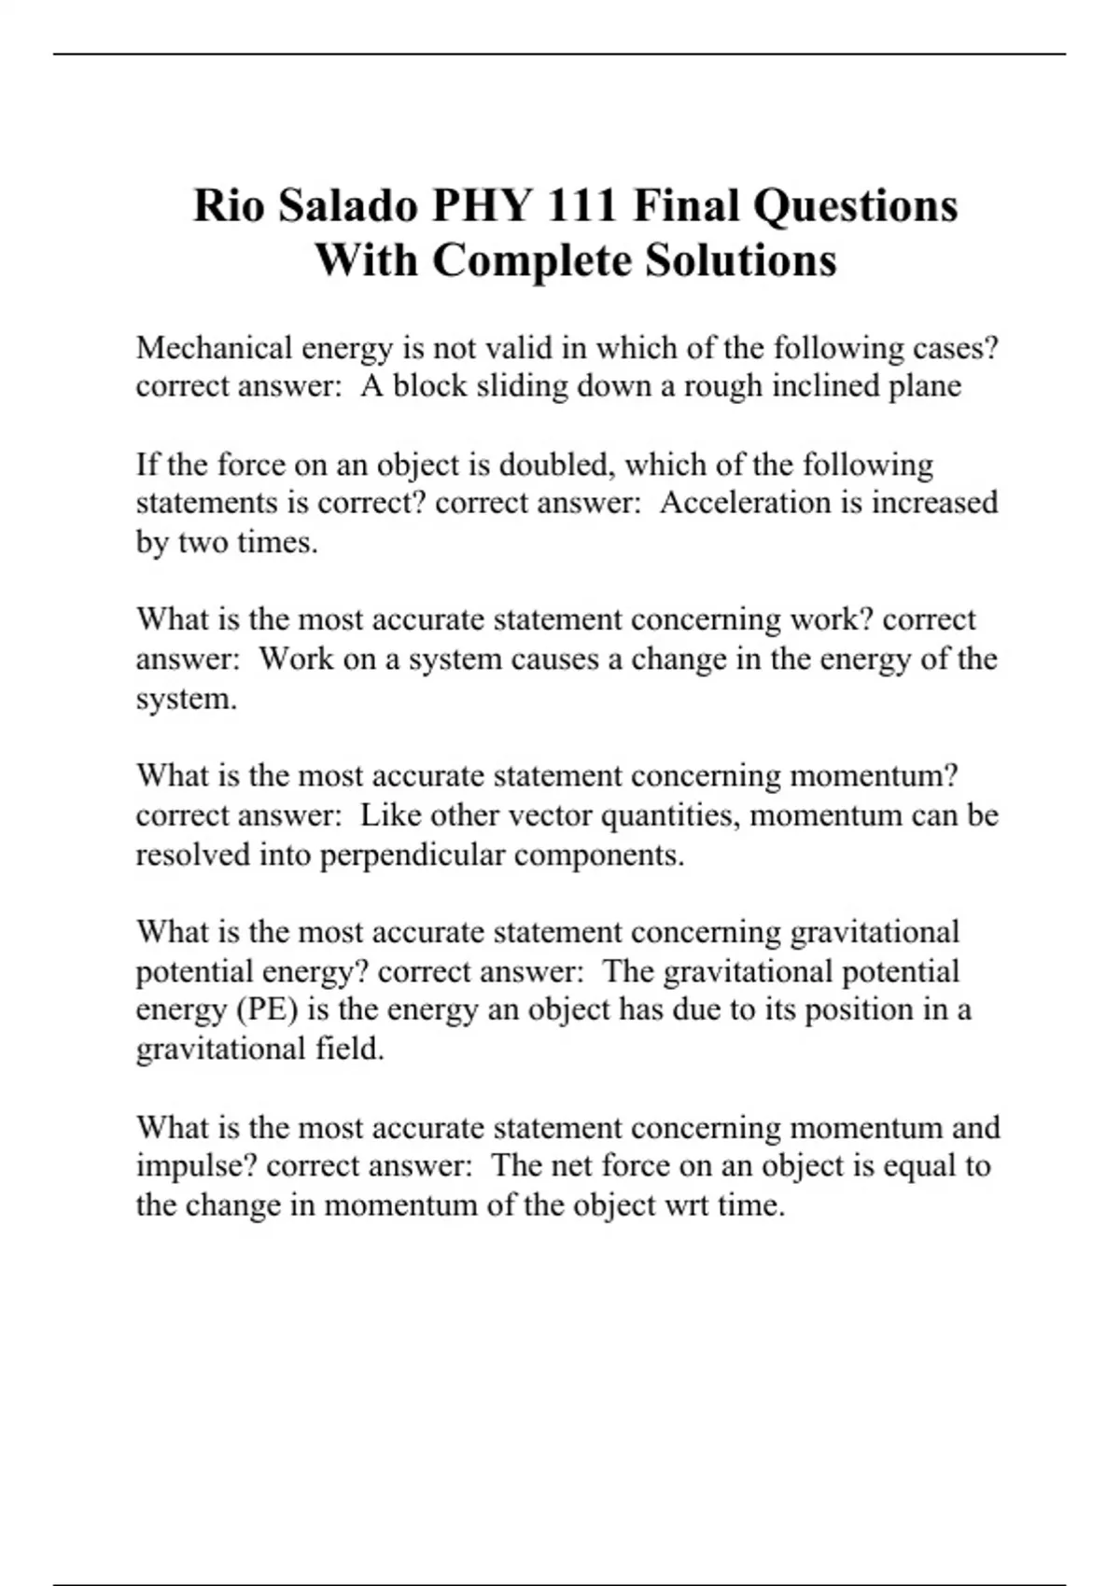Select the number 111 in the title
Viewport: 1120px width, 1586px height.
pos(581,205)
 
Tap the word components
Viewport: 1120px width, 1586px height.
pos(598,856)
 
